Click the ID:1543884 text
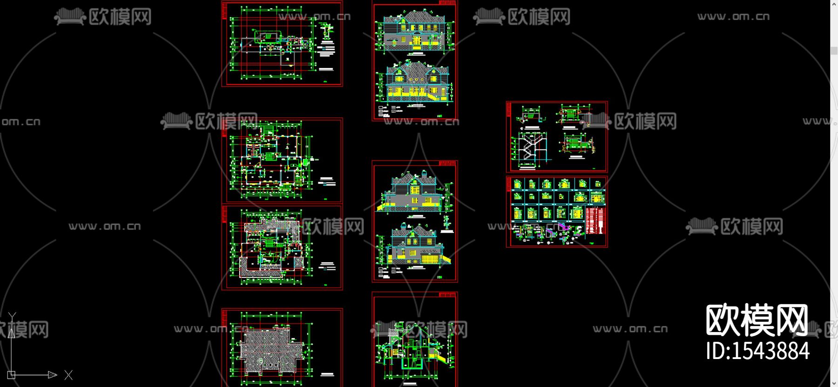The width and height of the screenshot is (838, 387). (x=757, y=351)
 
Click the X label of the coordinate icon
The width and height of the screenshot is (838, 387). (x=68, y=375)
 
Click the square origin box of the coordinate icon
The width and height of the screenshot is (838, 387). (x=12, y=374)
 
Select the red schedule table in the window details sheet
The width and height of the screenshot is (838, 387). (x=595, y=221)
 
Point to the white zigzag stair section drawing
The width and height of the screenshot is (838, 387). (x=530, y=148)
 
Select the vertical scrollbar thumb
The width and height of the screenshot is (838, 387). (x=834, y=51)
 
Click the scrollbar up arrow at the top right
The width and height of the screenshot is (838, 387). (x=834, y=4)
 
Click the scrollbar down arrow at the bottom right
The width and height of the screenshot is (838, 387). (x=834, y=383)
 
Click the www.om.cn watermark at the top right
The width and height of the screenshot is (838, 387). (x=733, y=17)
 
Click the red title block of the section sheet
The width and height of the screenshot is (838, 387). (x=448, y=295)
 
